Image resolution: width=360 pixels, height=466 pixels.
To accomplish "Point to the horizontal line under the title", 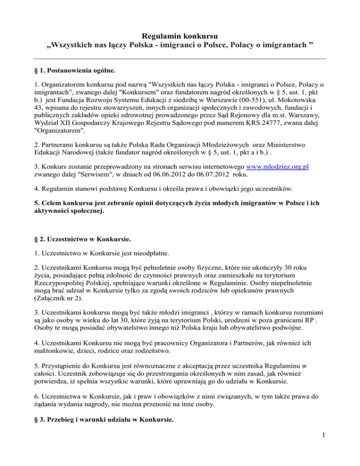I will coord(180,58).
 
